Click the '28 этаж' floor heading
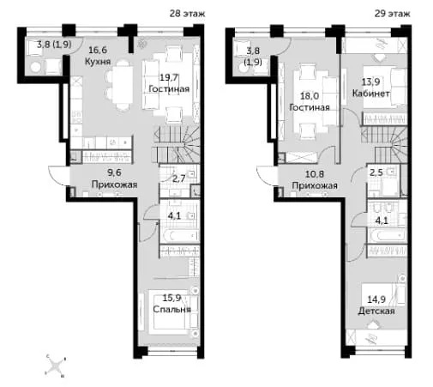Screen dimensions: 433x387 187,14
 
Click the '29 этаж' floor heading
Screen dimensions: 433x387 392,14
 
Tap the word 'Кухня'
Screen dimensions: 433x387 98,62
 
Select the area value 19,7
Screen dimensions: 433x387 169,77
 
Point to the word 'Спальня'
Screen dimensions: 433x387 171,309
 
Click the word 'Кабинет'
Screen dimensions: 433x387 370,94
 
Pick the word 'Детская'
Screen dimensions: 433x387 376,311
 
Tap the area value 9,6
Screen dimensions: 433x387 114,172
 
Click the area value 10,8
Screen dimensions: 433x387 315,174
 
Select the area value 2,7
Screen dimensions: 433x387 179,178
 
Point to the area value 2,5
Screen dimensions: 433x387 376,172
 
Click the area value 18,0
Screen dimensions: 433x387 310,96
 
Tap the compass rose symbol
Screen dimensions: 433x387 56,366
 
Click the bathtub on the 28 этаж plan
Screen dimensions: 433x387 179,236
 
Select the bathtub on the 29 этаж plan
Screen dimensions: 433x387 387,236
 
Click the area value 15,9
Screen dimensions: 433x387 172,298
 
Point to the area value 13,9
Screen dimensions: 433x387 370,82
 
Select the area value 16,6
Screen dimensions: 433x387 98,50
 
